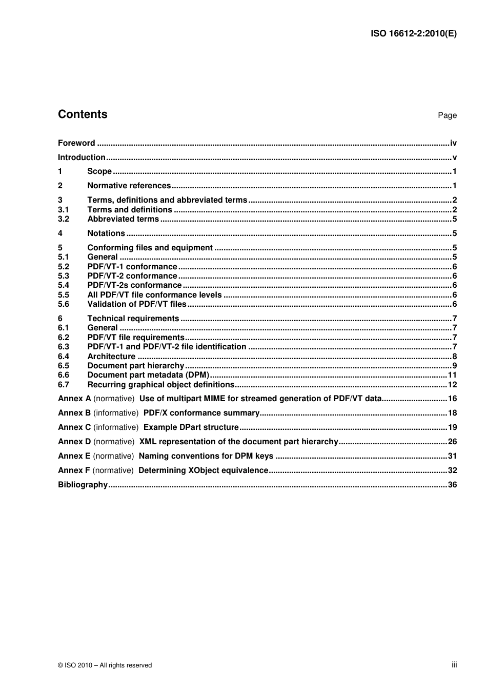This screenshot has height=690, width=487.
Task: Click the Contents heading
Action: click(x=83, y=114)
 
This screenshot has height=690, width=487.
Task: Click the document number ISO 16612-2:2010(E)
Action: click(x=413, y=34)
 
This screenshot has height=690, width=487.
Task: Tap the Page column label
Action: click(x=447, y=115)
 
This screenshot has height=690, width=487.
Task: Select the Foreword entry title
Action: click(x=76, y=143)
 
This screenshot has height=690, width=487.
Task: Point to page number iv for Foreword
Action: click(x=453, y=143)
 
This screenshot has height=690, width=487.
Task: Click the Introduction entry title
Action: click(x=82, y=157)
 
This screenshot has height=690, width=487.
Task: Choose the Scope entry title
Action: click(x=99, y=171)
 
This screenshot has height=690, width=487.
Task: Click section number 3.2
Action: click(x=63, y=219)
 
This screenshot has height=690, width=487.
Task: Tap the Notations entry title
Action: click(x=106, y=233)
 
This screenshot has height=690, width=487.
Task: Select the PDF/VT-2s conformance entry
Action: click(x=134, y=285)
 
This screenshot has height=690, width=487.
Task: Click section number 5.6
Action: click(x=63, y=304)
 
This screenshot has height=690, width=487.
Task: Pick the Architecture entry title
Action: click(x=111, y=357)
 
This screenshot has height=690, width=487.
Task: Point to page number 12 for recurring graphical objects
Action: click(x=452, y=385)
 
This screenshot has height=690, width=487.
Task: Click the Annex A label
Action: click(x=74, y=399)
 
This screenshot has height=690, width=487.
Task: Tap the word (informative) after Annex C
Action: click(x=116, y=427)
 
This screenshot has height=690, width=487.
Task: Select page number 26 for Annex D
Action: click(x=452, y=442)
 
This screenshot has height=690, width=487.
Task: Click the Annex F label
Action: click(x=74, y=470)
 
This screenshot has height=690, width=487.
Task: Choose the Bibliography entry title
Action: click(x=83, y=485)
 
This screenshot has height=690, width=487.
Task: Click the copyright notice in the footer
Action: click(x=105, y=665)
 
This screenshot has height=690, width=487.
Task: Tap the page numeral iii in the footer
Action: click(x=454, y=665)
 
